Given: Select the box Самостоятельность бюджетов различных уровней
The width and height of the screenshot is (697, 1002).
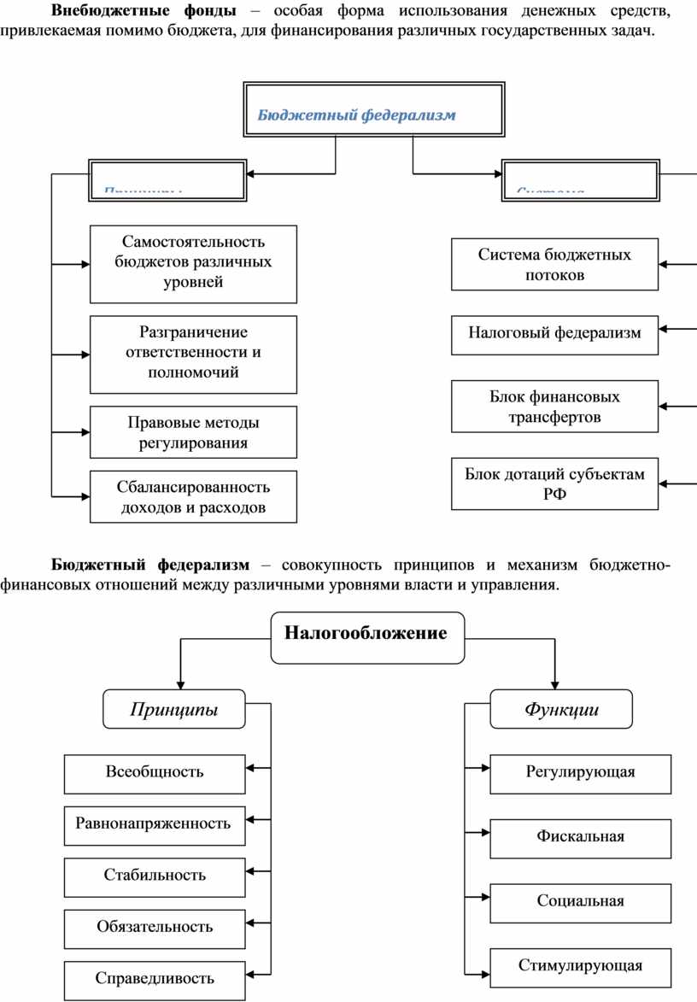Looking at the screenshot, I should pyautogui.click(x=193, y=263).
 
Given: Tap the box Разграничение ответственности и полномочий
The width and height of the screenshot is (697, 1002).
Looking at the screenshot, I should pyautogui.click(x=193, y=353).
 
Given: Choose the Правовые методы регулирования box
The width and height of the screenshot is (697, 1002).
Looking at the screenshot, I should pyautogui.click(x=193, y=432).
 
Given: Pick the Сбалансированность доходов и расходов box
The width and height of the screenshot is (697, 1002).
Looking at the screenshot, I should pyautogui.click(x=193, y=497).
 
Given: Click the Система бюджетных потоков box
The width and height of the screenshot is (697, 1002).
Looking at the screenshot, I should pyautogui.click(x=554, y=264).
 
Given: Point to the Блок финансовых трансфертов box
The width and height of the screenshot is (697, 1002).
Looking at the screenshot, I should pyautogui.click(x=554, y=407).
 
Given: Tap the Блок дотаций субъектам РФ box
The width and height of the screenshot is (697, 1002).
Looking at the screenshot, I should pyautogui.click(x=554, y=483).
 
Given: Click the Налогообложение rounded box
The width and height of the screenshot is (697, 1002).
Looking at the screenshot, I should pyautogui.click(x=367, y=636).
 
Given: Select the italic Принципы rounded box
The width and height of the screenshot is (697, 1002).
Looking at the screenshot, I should pyautogui.click(x=173, y=709).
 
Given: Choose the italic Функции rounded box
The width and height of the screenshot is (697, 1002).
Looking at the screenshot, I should pyautogui.click(x=561, y=709).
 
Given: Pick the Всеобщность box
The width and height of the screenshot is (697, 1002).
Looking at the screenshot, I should pyautogui.click(x=155, y=772).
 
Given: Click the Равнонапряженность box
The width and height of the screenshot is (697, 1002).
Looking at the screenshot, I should pyautogui.click(x=155, y=824).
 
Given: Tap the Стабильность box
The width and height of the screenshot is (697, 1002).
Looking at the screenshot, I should pyautogui.click(x=155, y=876).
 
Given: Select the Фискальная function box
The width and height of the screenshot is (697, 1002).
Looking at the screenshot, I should pyautogui.click(x=580, y=836).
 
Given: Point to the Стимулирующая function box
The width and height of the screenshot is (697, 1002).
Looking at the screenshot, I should pyautogui.click(x=580, y=966).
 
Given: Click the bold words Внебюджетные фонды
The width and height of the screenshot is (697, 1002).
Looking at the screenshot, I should pyautogui.click(x=143, y=12).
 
